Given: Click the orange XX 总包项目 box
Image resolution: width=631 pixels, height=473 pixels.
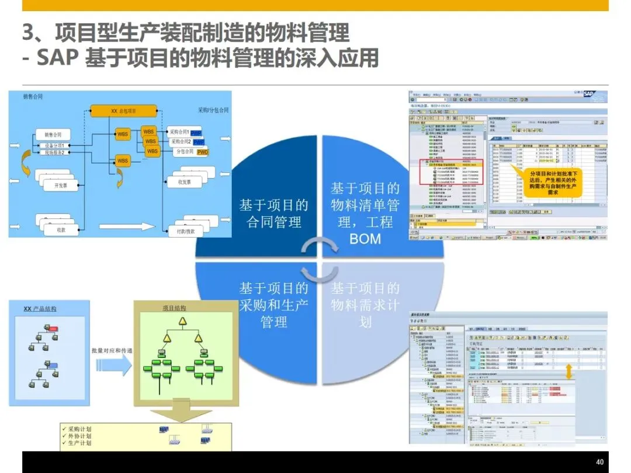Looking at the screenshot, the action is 123,111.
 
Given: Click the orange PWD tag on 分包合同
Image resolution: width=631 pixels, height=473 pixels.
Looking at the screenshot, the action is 203,152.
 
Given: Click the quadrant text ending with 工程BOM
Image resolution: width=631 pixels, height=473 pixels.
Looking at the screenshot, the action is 365,213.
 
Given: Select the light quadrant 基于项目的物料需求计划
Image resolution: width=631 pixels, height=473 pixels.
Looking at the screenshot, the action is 365,305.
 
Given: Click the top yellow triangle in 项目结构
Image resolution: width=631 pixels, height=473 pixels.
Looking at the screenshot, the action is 183,321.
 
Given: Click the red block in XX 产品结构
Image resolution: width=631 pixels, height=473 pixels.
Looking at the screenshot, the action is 53,328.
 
